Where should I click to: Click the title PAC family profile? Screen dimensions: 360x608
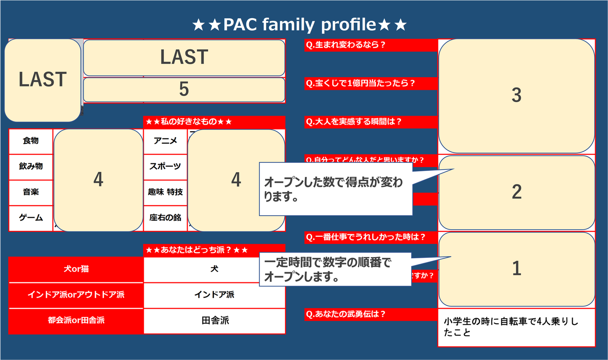pos(299,25)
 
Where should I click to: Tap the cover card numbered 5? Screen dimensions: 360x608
pos(184,89)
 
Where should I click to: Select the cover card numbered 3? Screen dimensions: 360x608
pos(516,96)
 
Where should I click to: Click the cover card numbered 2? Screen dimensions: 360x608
pos(516,192)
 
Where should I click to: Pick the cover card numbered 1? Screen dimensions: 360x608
pos(516,269)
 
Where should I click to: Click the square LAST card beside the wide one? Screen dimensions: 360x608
pos(43,80)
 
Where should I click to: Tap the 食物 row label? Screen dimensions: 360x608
pos(31,141)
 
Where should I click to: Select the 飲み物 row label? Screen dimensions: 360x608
pos(31,167)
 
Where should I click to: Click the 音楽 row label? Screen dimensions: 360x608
pos(31,192)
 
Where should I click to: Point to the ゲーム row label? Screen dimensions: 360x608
pos(31,218)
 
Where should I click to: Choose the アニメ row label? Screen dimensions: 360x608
pos(165,141)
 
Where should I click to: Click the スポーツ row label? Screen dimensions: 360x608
pos(165,167)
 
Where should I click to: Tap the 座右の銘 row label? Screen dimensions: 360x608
pos(165,218)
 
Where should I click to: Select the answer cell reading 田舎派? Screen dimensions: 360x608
pos(215,321)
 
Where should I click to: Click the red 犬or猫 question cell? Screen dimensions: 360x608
pos(76,269)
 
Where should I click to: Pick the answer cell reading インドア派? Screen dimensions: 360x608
pos(214,295)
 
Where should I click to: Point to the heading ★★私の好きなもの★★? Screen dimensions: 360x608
pos(189,122)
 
